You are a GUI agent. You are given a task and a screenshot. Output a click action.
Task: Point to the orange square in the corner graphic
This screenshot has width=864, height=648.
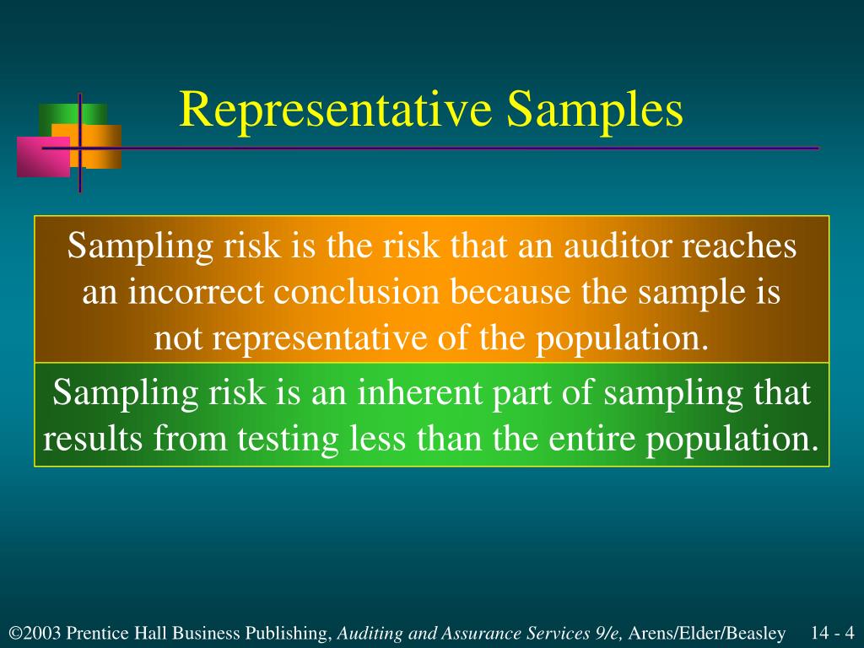[x=101, y=145]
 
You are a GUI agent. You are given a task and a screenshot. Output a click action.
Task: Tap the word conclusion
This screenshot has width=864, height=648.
[x=358, y=293]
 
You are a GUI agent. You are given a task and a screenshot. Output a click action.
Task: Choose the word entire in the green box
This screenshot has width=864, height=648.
[x=597, y=439]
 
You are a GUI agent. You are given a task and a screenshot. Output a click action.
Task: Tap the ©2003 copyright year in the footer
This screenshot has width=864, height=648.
[x=35, y=633]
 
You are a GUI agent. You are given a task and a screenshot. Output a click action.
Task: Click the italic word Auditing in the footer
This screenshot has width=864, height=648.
[x=368, y=633]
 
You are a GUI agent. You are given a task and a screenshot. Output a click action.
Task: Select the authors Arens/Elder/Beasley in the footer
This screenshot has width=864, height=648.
[x=708, y=633]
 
